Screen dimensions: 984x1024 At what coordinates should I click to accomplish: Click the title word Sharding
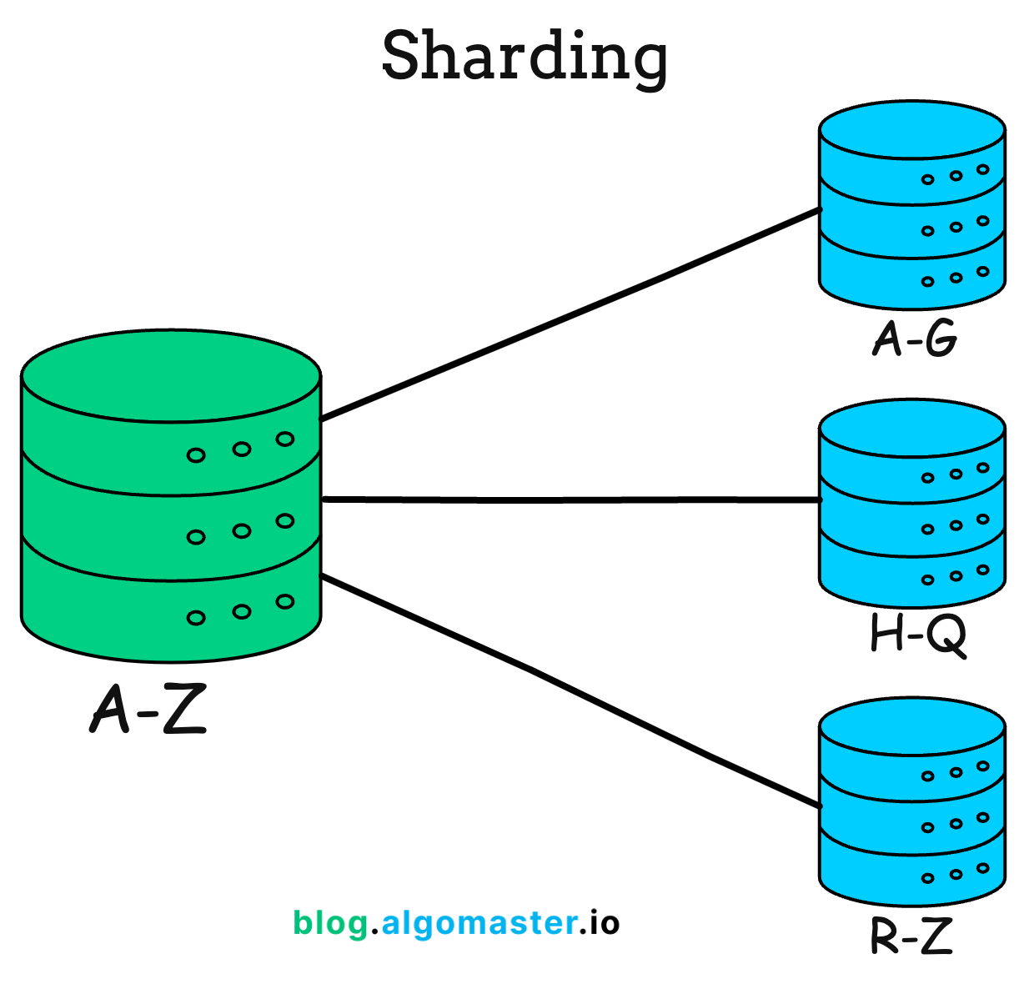tap(525, 56)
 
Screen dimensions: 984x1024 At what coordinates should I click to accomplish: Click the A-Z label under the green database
tap(148, 710)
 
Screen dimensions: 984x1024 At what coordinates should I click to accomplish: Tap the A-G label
tap(915, 339)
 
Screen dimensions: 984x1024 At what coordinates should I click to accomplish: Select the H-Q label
tap(917, 635)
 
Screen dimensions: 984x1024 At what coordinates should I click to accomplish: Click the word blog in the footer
tap(330, 922)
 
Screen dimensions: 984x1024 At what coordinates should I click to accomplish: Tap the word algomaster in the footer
tap(479, 922)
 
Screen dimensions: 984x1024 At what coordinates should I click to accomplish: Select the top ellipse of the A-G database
tap(911, 129)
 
